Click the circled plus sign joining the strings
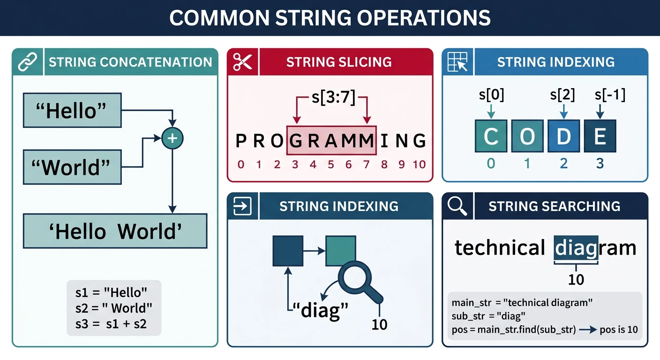[x=172, y=138]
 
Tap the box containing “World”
[x=72, y=167]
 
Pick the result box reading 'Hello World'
[x=115, y=231]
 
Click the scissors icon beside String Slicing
[x=243, y=62]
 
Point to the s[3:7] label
[x=333, y=98]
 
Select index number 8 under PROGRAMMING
[x=384, y=165]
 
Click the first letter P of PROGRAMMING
[x=240, y=141]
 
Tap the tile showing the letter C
[x=491, y=136]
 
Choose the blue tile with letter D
[x=563, y=136]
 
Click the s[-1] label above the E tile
[x=610, y=95]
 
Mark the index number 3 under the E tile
[x=600, y=164]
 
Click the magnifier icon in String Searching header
[x=457, y=206]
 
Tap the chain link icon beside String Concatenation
[x=28, y=62]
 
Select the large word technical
[x=500, y=247]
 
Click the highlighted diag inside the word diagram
[x=576, y=247]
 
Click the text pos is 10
[x=619, y=330]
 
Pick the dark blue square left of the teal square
[x=288, y=251]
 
